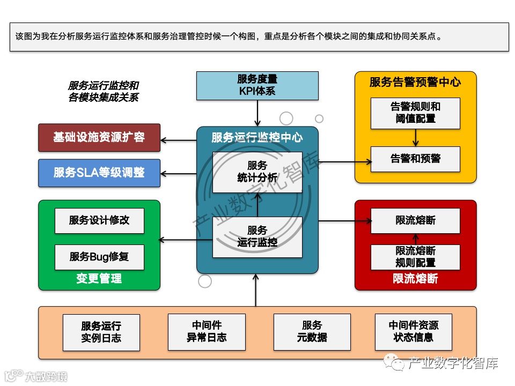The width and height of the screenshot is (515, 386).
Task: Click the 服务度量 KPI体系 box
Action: pos(257,85)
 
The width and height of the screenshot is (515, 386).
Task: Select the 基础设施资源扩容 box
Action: pos(99,137)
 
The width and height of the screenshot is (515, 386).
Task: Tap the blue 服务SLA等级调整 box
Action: pos(99,173)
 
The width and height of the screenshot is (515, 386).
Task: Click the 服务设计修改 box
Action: pos(99,220)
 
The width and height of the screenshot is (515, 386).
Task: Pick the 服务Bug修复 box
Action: pos(99,257)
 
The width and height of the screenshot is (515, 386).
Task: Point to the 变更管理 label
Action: pos(99,279)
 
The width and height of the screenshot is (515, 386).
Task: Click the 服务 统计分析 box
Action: pos(257,172)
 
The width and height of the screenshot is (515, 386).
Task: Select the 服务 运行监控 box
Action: pos(257,236)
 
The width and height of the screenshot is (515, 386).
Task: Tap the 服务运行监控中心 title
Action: pos(257,138)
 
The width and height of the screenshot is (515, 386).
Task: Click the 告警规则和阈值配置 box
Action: pos(415,113)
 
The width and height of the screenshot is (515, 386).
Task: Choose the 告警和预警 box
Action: pos(415,159)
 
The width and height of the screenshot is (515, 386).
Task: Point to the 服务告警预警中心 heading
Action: pos(415,82)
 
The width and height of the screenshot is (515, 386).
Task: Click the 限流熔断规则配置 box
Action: pos(415,257)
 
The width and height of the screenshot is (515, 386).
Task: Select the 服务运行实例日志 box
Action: pos(101,332)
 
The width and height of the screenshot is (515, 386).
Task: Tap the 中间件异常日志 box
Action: pos(207,332)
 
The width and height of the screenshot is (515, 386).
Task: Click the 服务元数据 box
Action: pos(312,332)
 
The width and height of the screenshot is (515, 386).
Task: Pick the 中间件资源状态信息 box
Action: pos(413,332)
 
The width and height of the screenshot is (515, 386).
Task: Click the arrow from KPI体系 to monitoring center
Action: pos(257,113)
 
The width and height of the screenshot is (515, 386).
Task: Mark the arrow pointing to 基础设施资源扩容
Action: pos(179,141)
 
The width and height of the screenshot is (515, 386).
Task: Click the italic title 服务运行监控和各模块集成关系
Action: pos(104,91)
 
